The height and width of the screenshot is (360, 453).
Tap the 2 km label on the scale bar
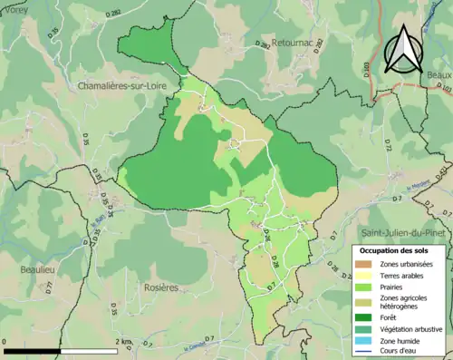121,342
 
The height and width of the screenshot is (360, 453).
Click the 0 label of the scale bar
5,342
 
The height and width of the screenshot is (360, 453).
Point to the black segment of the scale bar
34,351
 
